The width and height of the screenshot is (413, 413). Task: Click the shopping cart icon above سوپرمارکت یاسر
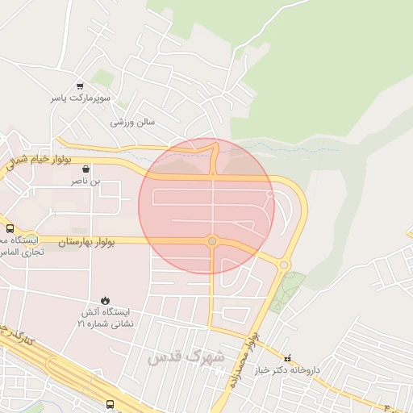[80, 86]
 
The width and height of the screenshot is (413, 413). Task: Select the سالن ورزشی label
[132, 122]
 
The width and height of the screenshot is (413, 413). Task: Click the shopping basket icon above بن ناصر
[85, 170]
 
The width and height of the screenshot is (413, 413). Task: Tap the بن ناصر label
[85, 182]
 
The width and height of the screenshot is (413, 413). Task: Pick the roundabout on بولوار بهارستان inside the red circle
[212, 240]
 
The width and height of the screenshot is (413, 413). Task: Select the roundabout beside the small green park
[284, 265]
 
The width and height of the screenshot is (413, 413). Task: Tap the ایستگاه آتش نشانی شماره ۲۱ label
[105, 317]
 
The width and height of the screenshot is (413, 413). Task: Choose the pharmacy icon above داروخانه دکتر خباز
[286, 357]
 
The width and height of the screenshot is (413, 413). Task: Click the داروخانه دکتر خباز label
[288, 370]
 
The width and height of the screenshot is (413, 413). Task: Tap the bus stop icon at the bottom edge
[110, 404]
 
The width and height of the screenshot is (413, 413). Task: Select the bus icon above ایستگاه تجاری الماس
[9, 228]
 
